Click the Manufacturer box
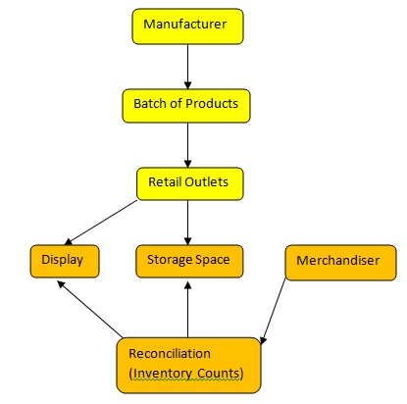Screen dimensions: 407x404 pyautogui.click(x=187, y=26)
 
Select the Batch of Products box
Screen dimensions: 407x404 pyautogui.click(x=186, y=106)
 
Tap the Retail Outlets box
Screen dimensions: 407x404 pyautogui.click(x=190, y=184)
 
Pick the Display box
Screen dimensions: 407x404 pyautogui.click(x=65, y=262)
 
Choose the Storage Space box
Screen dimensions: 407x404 pyautogui.click(x=189, y=262)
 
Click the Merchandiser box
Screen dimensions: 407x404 pyautogui.click(x=341, y=263)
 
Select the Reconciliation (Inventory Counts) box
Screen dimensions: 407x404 pyautogui.click(x=189, y=366)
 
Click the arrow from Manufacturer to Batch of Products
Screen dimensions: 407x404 pyautogui.click(x=187, y=67)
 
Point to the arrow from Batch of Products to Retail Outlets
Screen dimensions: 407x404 pyautogui.click(x=187, y=145)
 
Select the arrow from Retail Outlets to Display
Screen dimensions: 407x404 pyautogui.click(x=101, y=223)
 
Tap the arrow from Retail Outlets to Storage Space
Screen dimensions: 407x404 pyautogui.click(x=187, y=223)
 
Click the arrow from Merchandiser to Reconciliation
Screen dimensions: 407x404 pyautogui.click(x=273, y=312)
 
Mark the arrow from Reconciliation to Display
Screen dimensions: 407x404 pyautogui.click(x=89, y=309)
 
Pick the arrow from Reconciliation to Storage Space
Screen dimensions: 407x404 pyautogui.click(x=187, y=310)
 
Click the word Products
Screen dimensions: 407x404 pyautogui.click(x=212, y=104)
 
